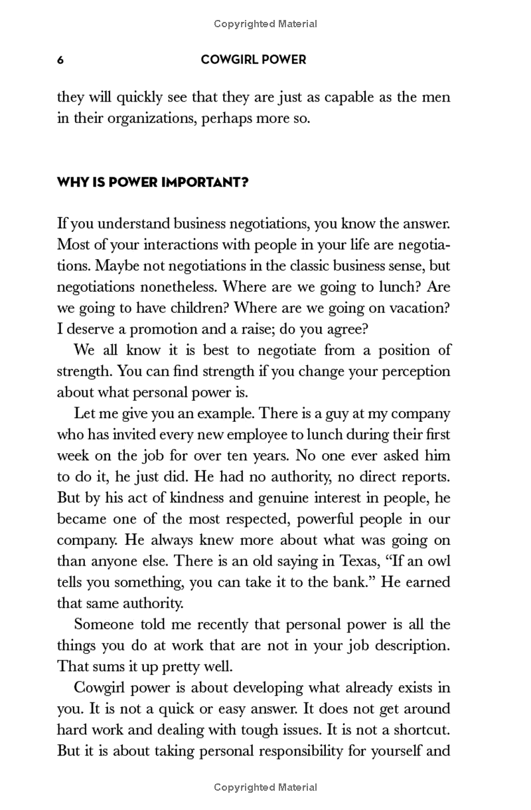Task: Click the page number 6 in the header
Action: point(60,60)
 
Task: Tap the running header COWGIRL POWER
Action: point(253,60)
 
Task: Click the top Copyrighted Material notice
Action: point(265,24)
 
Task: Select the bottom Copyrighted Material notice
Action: point(265,787)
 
